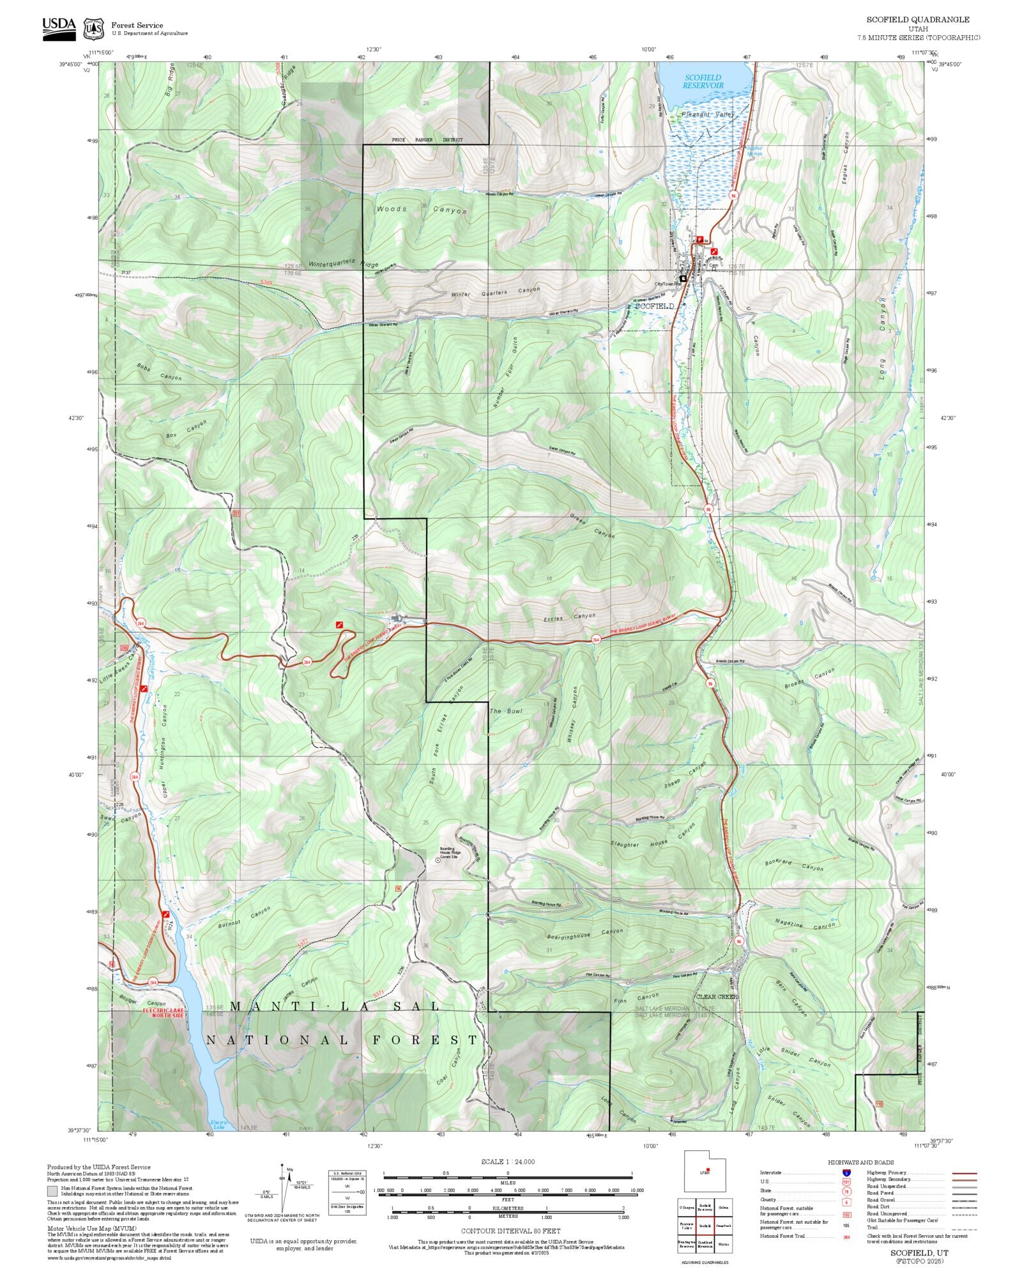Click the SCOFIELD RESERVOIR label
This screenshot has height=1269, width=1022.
703,81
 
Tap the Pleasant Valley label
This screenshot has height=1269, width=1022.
708,114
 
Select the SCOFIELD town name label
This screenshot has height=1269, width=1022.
653,306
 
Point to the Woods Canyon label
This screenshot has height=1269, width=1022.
422,210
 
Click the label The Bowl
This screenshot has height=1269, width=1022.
506,711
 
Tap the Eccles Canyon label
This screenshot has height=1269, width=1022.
569,618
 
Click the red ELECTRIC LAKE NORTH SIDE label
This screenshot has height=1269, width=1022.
164,1013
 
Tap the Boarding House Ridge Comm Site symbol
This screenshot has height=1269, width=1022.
438,861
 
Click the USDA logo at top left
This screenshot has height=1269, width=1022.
59,28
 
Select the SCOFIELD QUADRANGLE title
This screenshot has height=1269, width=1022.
917,20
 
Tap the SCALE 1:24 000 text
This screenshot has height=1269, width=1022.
508,1162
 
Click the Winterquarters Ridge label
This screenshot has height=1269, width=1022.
343,264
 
